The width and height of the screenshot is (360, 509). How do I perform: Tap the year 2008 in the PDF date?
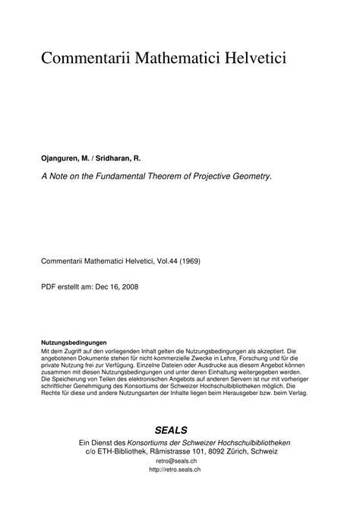pyautogui.click(x=127, y=286)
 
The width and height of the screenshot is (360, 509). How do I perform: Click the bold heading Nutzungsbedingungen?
pyautogui.click(x=74, y=343)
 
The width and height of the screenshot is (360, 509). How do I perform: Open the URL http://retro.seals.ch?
pyautogui.click(x=179, y=470)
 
